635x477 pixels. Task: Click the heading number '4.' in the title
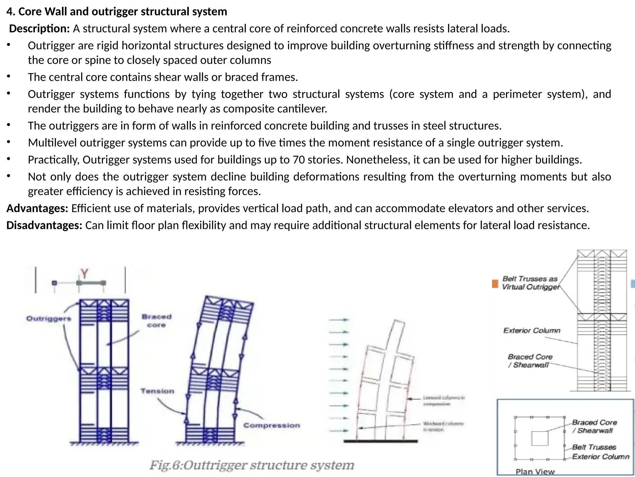[11, 12]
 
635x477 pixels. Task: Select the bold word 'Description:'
[39, 29]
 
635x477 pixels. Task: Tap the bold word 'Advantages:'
[37, 208]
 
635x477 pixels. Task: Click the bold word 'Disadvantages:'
[44, 225]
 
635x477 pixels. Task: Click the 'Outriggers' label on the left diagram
[49, 319]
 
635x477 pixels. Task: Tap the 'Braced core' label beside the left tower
[156, 321]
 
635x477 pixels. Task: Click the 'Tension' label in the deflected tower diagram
[158, 391]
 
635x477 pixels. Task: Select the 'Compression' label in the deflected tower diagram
[272, 425]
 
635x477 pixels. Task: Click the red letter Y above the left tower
[84, 274]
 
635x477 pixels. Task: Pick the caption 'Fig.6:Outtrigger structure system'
[252, 465]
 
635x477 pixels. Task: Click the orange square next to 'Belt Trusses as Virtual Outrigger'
[495, 284]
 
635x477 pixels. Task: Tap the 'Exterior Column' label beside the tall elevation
[532, 330]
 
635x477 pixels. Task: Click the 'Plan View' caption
[535, 472]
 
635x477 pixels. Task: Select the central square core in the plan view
[540, 438]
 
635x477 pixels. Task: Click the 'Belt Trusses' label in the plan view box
[594, 447]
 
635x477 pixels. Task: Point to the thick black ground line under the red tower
[380, 441]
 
